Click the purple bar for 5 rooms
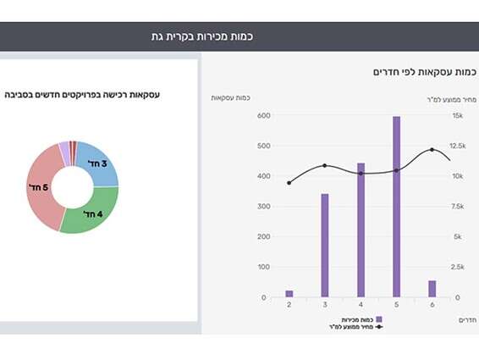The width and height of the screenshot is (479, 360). (x=396, y=208)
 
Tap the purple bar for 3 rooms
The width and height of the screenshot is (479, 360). (x=324, y=246)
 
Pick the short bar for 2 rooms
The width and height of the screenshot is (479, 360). (x=289, y=294)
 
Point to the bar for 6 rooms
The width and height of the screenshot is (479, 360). (x=432, y=289)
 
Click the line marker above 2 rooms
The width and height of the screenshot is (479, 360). (x=289, y=183)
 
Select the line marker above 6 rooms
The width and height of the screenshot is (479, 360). (x=432, y=150)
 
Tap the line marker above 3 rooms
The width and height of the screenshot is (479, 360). (x=324, y=165)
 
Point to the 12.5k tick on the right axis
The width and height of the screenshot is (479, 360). (x=458, y=146)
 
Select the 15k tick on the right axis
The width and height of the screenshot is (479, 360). (x=458, y=115)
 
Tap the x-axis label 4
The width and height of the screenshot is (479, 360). (x=361, y=304)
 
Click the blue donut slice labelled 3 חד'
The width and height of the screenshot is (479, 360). (x=98, y=163)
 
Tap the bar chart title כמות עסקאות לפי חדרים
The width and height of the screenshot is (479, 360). (x=423, y=72)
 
